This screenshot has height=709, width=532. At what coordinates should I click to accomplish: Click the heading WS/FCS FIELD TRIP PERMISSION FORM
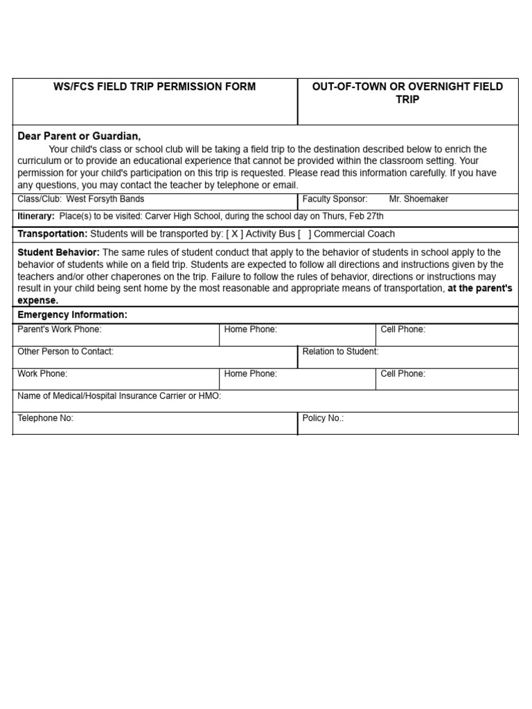pos(154,87)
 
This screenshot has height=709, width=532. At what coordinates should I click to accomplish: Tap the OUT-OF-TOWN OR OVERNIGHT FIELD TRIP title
pos(407,93)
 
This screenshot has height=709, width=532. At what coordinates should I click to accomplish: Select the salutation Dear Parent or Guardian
pos(79,136)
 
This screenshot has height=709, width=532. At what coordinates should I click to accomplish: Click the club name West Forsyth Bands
pos(105,199)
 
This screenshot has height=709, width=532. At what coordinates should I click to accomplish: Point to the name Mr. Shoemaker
pos(418,199)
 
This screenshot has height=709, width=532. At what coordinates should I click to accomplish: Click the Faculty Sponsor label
pos(335,199)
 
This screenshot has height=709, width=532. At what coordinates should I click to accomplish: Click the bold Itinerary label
pos(35,216)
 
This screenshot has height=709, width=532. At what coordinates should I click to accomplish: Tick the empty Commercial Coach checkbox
pos(304,234)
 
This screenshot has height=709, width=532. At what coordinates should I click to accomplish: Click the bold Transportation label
pos(52,234)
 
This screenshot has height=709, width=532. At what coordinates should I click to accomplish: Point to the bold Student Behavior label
pos(58,253)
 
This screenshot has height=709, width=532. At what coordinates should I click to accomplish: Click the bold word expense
pos(37,300)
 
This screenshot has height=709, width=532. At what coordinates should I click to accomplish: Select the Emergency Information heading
pos(72,315)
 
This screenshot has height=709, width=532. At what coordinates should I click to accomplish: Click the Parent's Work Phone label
pos(59,330)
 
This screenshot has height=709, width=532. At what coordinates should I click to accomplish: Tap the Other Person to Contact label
pos(65,352)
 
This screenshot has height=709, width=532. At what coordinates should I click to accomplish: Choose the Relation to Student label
pos(340,352)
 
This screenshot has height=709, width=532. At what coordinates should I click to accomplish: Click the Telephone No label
pos(45,418)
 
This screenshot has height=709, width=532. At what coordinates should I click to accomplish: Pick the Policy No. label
pos(323,418)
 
